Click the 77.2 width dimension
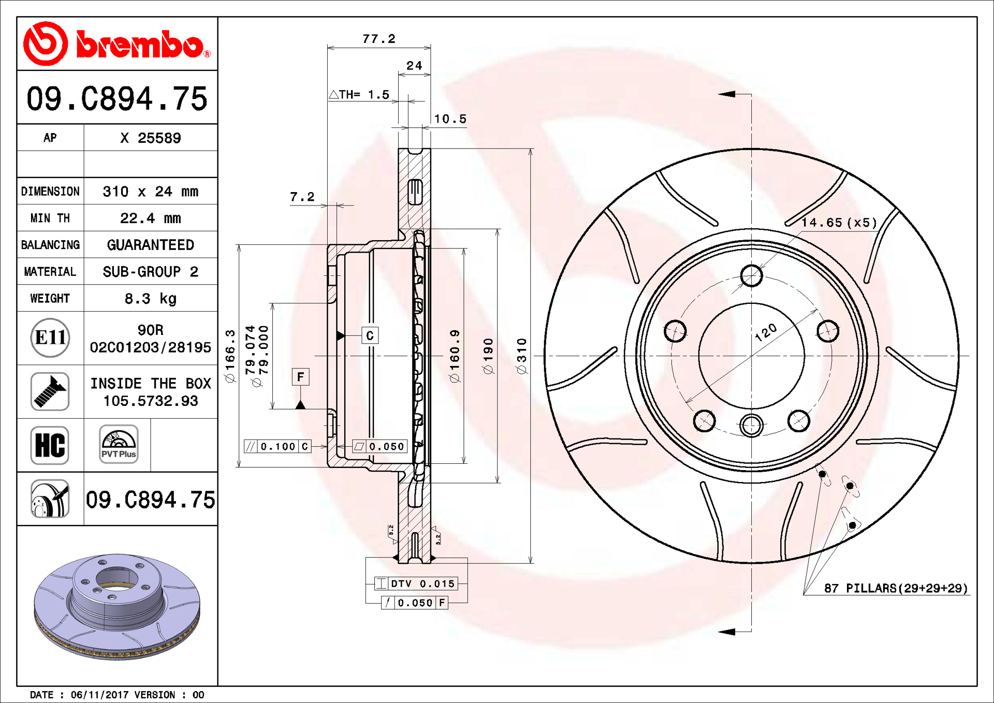[x=378, y=39]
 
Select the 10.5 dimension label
[x=450, y=119]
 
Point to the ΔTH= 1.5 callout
[x=359, y=94]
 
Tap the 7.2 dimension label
[x=302, y=197]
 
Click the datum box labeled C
[x=370, y=335]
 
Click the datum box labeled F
[x=300, y=377]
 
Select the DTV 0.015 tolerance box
[x=416, y=583]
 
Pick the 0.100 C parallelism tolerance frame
[x=277, y=446]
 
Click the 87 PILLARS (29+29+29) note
[x=896, y=588]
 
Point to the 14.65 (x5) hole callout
[x=839, y=223]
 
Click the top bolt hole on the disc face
[x=751, y=275]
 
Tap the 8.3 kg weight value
[x=150, y=299]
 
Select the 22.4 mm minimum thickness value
[x=150, y=218]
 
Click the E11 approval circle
[x=50, y=338]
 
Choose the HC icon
[x=50, y=445]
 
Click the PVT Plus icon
[x=119, y=444]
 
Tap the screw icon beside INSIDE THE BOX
[x=50, y=392]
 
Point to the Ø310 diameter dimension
[x=522, y=356]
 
